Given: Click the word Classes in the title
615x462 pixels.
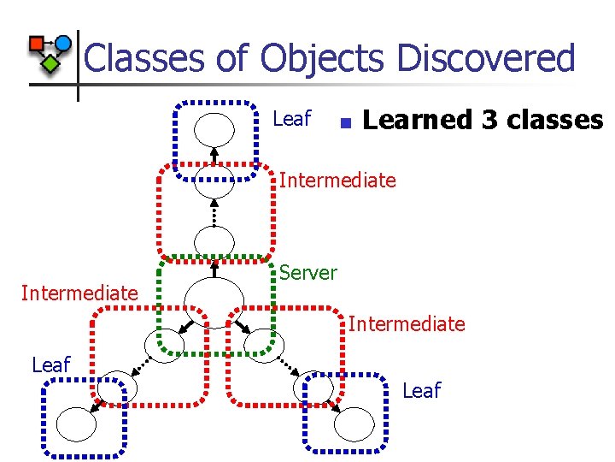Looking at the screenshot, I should click(143, 59).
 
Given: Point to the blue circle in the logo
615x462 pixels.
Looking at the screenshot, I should click(62, 43).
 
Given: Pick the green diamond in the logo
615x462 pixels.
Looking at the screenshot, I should click(51, 62).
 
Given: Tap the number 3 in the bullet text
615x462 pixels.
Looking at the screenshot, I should click(489, 120).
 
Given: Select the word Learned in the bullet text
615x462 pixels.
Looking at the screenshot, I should click(418, 120).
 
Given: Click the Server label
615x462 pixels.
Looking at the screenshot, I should click(308, 273).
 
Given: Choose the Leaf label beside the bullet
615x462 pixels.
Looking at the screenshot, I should click(292, 119).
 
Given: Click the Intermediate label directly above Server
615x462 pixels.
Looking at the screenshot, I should click(337, 181).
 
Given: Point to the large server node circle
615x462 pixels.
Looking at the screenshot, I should click(208, 299).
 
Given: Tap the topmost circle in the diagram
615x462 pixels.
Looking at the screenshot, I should click(214, 130).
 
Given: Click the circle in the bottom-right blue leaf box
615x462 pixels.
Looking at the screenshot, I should click(354, 423).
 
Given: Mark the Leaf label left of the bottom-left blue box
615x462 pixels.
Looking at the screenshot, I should click(51, 365).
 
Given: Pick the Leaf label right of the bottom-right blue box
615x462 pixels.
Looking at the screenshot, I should click(421, 391).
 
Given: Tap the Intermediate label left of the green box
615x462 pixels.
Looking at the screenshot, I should click(79, 293).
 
